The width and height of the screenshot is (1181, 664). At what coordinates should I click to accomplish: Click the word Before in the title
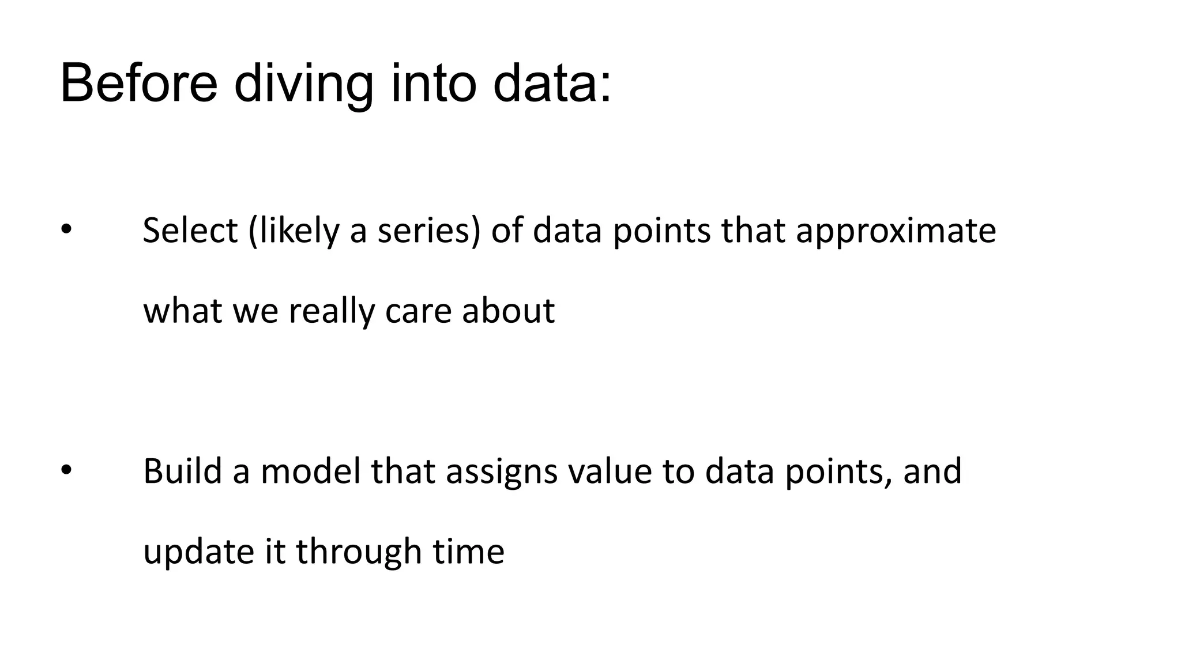point(138,85)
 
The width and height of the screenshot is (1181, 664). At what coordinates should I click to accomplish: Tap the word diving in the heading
point(303,85)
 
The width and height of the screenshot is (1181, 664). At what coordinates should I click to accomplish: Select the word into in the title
point(434,85)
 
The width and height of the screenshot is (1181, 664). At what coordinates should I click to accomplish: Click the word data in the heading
point(551,85)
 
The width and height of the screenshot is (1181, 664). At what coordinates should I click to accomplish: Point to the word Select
point(190,231)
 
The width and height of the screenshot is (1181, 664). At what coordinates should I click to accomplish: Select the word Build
point(182,471)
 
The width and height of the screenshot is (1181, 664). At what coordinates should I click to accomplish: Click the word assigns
point(501,471)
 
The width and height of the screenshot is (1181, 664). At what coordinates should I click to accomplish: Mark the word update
point(198,551)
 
